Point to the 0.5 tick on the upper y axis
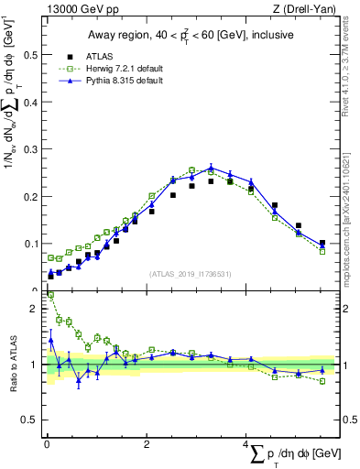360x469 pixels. pos(30,54)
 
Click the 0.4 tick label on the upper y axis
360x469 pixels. pos(30,102)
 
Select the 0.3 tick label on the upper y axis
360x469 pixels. pos(30,148)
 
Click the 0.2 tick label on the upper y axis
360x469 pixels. pos(30,196)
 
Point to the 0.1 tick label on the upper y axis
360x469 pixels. pos(30,244)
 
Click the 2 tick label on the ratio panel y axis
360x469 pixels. pos(35,309)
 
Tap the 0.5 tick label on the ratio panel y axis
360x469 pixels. pos(30,420)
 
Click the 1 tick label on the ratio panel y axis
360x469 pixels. pos(35,365)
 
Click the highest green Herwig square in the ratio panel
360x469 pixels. pos(49,296)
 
